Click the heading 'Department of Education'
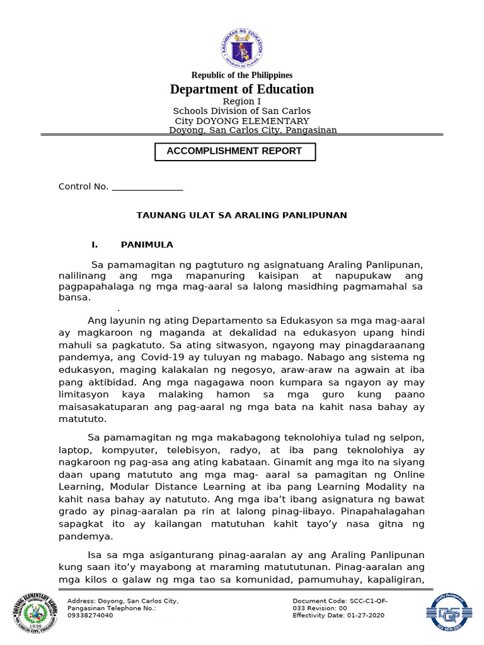(242, 89)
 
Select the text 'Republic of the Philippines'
(242, 75)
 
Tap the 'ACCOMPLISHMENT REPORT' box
(234, 151)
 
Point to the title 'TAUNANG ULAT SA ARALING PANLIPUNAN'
(242, 215)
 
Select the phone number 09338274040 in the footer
(90, 615)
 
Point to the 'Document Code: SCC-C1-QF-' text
(340, 601)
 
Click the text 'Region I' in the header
(242, 101)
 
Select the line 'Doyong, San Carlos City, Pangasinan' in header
(253, 130)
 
